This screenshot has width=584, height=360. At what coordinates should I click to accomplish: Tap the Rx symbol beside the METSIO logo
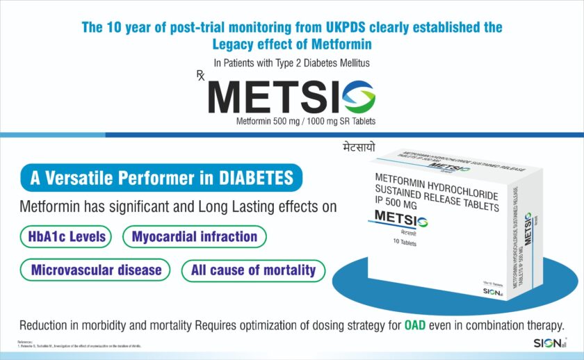[x=201, y=76]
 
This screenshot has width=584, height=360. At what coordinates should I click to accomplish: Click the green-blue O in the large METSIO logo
[x=355, y=97]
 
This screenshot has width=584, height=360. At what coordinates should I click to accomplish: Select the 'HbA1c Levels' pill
[x=67, y=236]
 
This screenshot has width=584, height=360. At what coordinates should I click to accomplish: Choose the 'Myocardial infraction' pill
[x=195, y=236]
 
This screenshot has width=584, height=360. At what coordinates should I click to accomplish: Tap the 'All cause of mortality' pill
[x=253, y=270]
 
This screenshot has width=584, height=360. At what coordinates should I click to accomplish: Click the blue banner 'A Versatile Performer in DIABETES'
[x=161, y=178]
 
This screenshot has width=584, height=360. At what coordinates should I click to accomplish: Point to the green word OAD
[x=416, y=325]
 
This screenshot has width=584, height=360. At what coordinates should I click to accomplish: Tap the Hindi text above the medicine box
[x=354, y=148]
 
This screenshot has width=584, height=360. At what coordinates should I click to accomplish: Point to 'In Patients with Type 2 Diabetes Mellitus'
[x=291, y=63]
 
